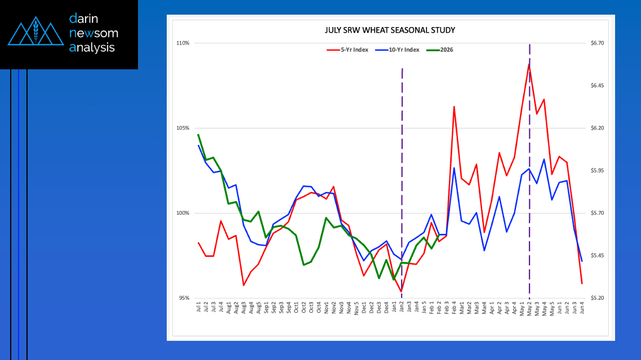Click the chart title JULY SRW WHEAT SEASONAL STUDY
coord(390,30)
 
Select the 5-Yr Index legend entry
coord(348,50)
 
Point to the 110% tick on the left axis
coord(182,43)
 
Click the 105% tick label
coord(182,128)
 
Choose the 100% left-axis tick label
coord(182,213)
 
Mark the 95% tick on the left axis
coord(183,298)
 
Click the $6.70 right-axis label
coord(596,43)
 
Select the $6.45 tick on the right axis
coord(596,86)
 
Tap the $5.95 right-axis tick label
coord(596,171)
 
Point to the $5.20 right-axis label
coord(596,298)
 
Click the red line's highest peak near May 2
coord(529,64)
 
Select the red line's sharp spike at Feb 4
coord(454,106)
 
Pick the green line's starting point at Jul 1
coord(199,135)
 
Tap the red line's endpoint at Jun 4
coord(582,283)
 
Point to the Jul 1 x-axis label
coord(199,307)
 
